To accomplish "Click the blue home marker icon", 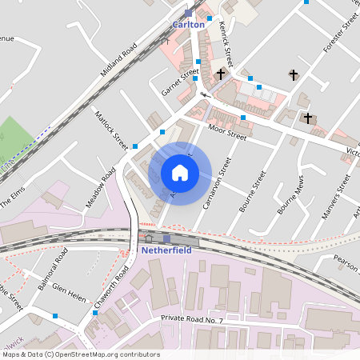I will point(179,173).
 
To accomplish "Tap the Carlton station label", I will point(189,24).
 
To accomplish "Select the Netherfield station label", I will point(167,250).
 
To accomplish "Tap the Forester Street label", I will point(340,36).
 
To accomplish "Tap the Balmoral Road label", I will point(50,266).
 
